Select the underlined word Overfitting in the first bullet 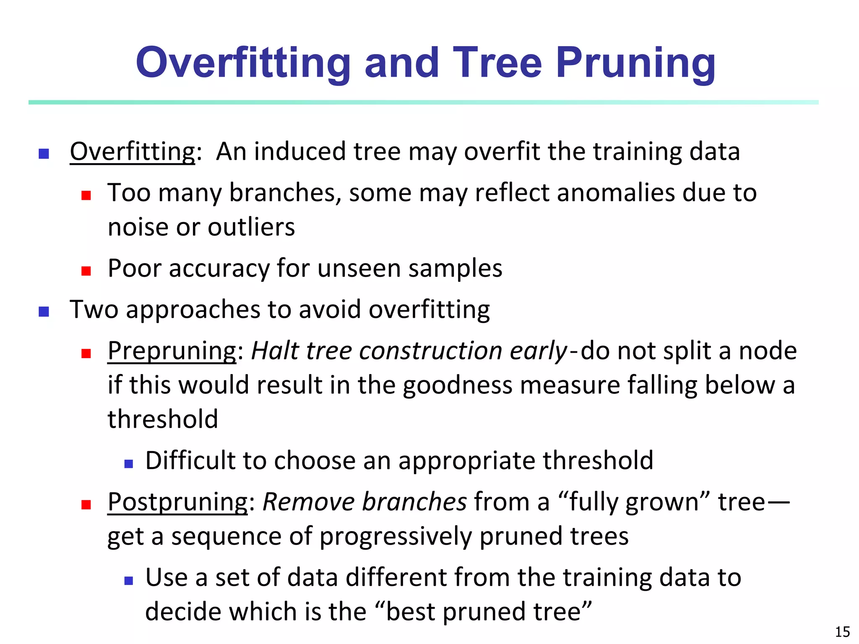point(133,151)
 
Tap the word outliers point(251,227)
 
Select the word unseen point(359,268)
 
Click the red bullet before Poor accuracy point(86,271)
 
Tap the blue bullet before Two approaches point(44,312)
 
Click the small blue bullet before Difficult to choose point(129,464)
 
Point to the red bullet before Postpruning point(86,504)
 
